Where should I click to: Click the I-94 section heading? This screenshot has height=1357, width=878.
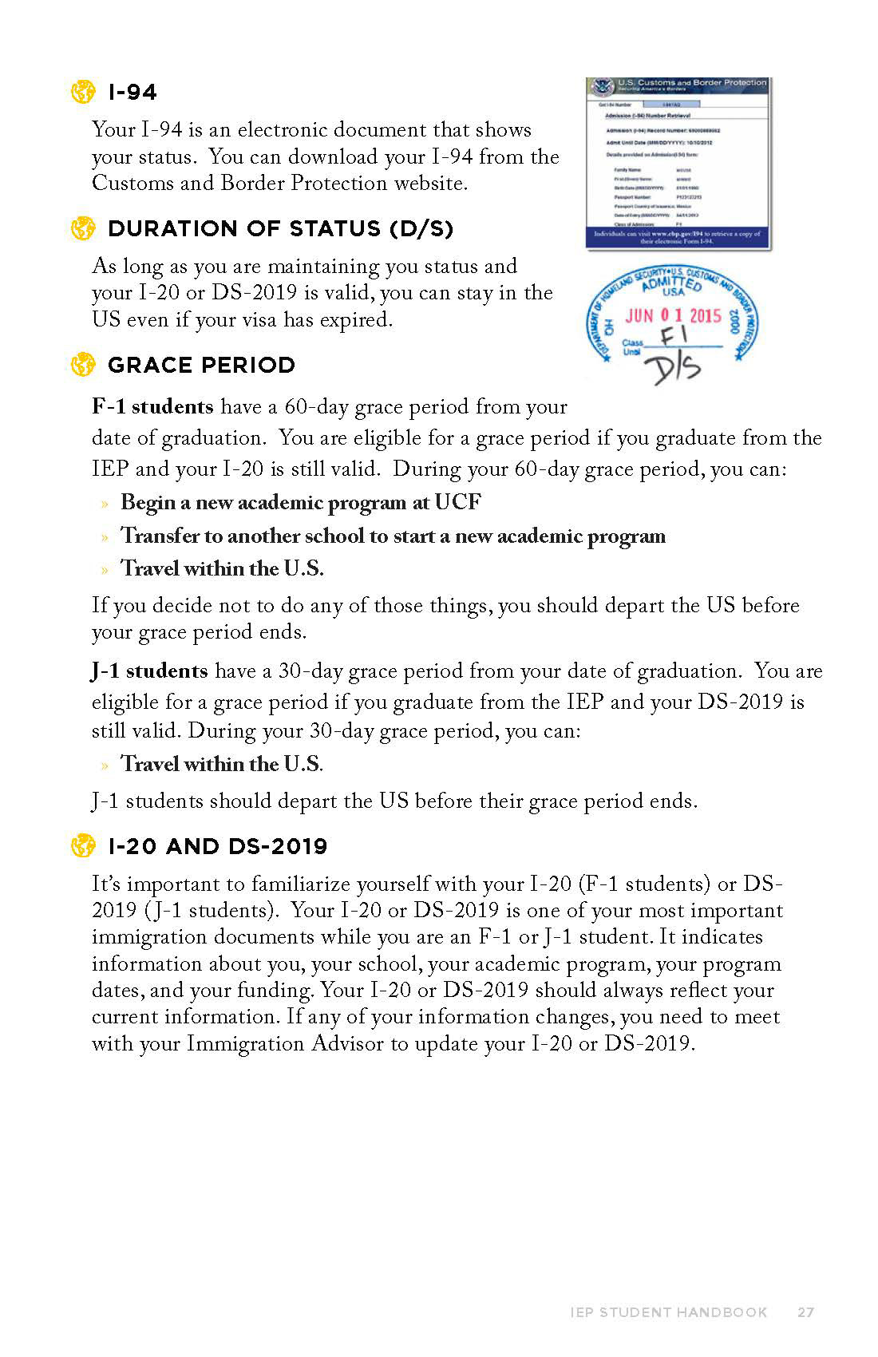click(x=132, y=93)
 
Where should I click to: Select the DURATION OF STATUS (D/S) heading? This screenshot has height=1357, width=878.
click(x=280, y=229)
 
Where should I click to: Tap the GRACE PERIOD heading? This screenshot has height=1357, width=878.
click(x=201, y=366)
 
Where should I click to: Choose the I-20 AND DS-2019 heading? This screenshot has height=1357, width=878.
click(x=217, y=846)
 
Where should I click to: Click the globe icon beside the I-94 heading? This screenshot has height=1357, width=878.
click(x=82, y=93)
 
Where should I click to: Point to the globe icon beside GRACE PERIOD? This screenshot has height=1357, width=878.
click(x=82, y=366)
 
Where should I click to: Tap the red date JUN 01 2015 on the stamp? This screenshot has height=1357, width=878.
click(x=673, y=316)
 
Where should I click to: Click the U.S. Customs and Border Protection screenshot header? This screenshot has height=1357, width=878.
click(x=678, y=85)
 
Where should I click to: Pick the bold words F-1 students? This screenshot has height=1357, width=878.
click(x=152, y=407)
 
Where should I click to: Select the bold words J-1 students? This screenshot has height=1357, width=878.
click(x=149, y=671)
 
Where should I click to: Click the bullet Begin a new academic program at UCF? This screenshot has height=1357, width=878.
click(x=300, y=503)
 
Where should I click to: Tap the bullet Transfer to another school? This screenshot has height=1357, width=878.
click(x=393, y=536)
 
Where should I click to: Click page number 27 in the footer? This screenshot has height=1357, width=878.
click(x=805, y=1312)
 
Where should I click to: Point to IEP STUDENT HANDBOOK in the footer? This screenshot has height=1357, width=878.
click(x=669, y=1312)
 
